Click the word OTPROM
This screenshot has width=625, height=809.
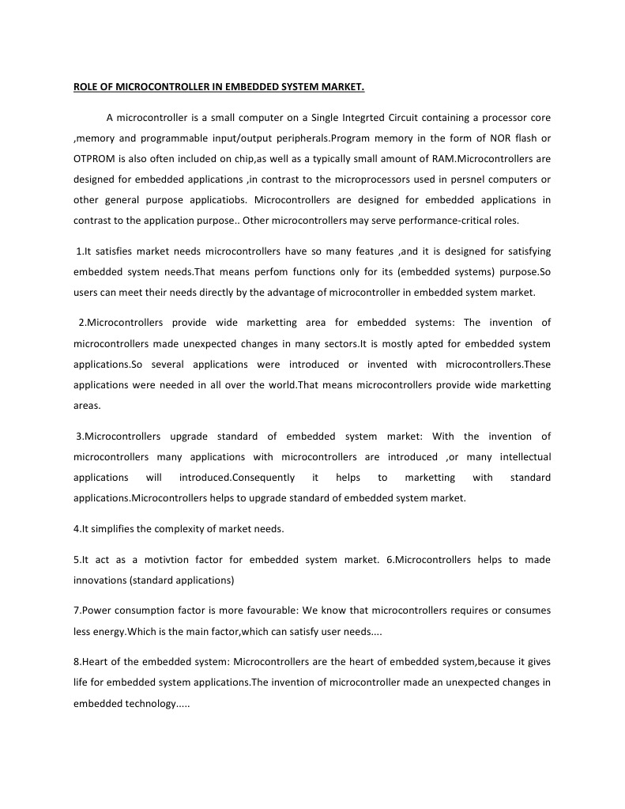tap(96, 158)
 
